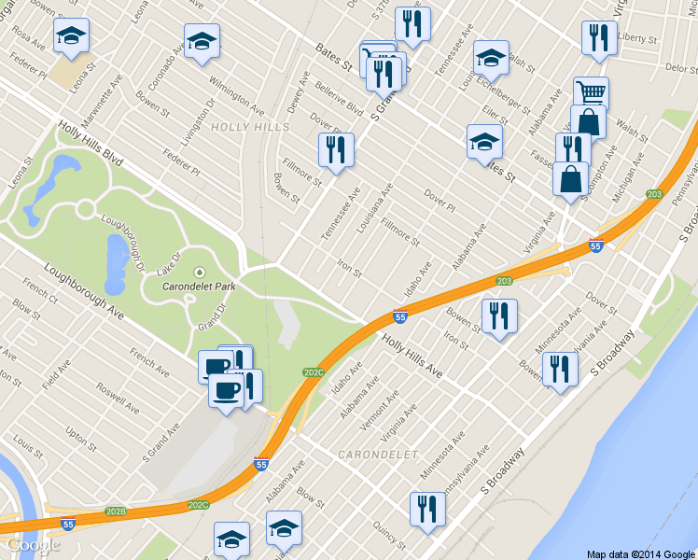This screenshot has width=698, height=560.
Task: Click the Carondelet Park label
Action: click(198, 286)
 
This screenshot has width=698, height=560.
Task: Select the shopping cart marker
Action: click(591, 93)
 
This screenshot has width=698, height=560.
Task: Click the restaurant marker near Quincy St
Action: click(427, 510)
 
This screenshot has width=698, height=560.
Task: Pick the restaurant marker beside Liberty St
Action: click(597, 37)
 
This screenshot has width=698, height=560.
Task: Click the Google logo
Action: click(34, 545)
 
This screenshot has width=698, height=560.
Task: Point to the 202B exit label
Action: click(116, 511)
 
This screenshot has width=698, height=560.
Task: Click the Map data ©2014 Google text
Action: click(640, 553)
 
